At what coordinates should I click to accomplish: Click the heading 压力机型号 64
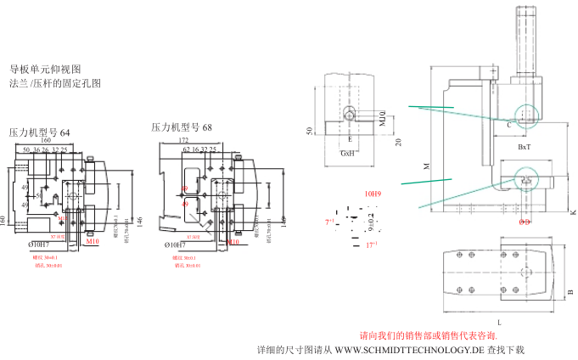[40, 132]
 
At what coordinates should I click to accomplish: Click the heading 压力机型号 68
[182, 127]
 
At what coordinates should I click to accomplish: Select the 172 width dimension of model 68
[183, 140]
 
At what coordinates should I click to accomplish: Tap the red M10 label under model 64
[93, 242]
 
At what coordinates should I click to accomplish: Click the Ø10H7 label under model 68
[173, 245]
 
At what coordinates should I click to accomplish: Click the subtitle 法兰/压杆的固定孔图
[54, 83]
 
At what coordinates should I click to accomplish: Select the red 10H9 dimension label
[373, 194]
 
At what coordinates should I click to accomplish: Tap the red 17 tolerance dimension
[371, 245]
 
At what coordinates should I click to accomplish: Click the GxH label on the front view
[348, 154]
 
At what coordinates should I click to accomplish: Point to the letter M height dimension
[426, 166]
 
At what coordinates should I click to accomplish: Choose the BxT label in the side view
[525, 147]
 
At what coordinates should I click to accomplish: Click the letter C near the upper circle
[508, 124]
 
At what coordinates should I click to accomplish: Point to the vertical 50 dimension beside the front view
[310, 131]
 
